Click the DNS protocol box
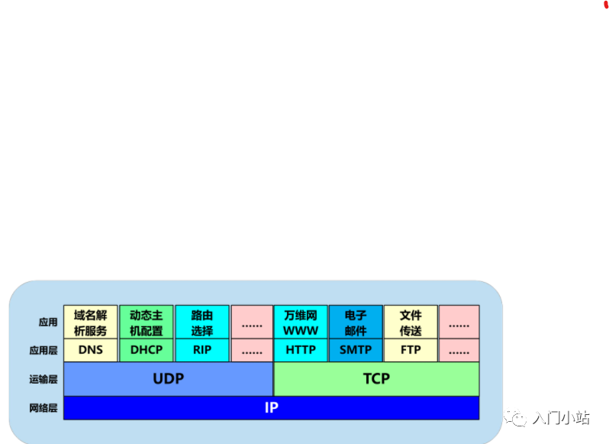pyautogui.click(x=91, y=350)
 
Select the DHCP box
pyautogui.click(x=147, y=350)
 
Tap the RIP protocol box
pyautogui.click(x=202, y=350)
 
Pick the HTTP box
pyautogui.click(x=300, y=350)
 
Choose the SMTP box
pyautogui.click(x=356, y=350)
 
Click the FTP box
pyautogui.click(x=411, y=350)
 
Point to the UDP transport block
pyautogui.click(x=168, y=379)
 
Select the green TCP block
pyautogui.click(x=376, y=379)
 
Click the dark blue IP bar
pyautogui.click(x=271, y=408)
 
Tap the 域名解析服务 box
pyautogui.click(x=91, y=322)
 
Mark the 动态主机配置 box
pyautogui.click(x=147, y=322)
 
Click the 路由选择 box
pyautogui.click(x=202, y=322)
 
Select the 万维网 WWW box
pyautogui.click(x=300, y=322)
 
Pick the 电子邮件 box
pyautogui.click(x=356, y=322)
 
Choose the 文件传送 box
pyautogui.click(x=411, y=322)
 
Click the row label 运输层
pyautogui.click(x=43, y=379)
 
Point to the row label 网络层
pyautogui.click(x=43, y=408)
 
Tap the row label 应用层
pyautogui.click(x=43, y=351)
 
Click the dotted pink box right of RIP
pyautogui.click(x=251, y=351)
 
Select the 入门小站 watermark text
pyautogui.click(x=561, y=417)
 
